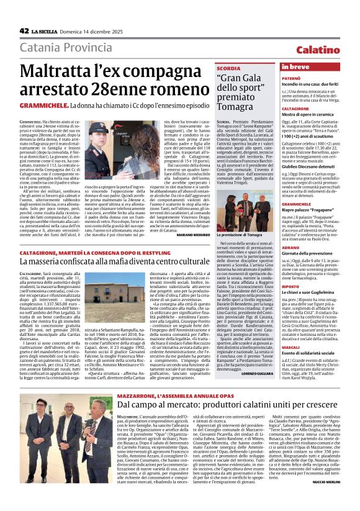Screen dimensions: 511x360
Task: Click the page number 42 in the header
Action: coord(24,30)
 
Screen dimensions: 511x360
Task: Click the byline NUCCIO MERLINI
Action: coord(341,498)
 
